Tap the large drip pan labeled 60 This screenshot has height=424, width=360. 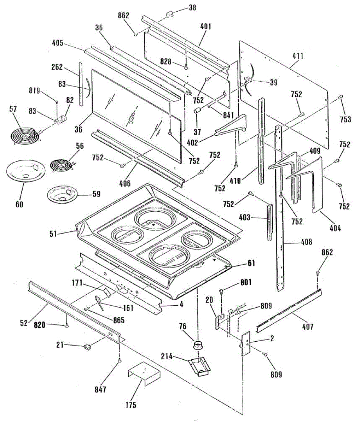coord(25,172)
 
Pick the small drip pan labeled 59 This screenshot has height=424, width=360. coord(62,195)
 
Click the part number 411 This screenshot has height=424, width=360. coord(298,56)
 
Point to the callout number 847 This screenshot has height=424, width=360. coord(100,390)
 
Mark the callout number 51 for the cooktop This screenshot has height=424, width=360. coord(53,234)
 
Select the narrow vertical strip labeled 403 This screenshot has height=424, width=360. coord(270,219)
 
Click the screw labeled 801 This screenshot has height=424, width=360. coord(221,291)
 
